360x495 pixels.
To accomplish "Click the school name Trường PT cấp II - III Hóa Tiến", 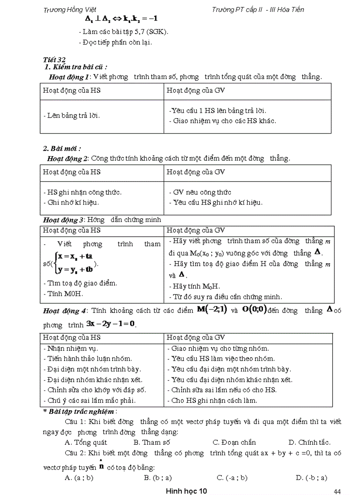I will coord(258,9).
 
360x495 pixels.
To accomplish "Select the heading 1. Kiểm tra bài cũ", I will coord(76,67).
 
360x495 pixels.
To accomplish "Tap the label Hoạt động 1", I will coord(69,77).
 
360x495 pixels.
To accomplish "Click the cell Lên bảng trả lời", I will coord(71,115).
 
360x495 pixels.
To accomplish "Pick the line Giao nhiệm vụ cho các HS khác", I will coord(223,121).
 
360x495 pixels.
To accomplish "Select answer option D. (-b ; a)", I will coord(311,477).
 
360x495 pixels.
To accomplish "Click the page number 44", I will coord(338,491).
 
